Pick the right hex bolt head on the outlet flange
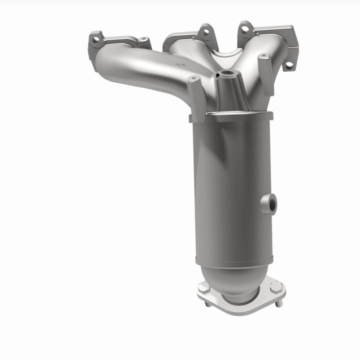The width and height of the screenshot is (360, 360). pos(276,287)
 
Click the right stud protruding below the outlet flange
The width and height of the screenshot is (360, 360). pos(279,302)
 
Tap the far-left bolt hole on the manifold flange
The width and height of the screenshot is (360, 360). pos(95,39)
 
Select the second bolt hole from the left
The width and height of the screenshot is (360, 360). pos(143,39)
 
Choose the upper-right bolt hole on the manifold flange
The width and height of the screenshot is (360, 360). pos(244,29)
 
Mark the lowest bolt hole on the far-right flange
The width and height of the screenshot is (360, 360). pos(288,65)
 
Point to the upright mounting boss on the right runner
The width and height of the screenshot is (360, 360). pos(265,70)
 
